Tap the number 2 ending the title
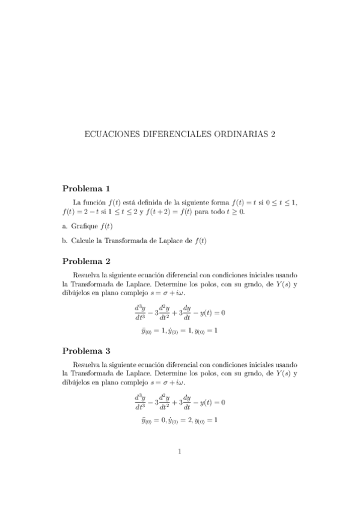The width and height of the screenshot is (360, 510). tap(272, 135)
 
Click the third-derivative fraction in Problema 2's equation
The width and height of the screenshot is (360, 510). tap(140, 313)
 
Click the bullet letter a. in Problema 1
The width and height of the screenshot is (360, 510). tap(65, 226)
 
